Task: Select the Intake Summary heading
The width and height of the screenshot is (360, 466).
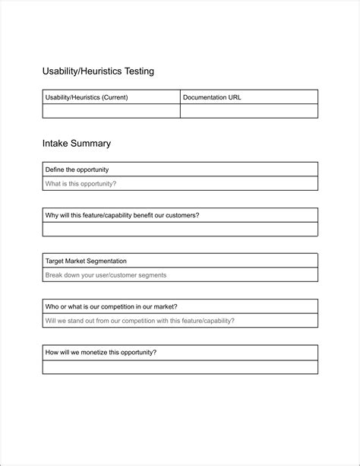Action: [77, 143]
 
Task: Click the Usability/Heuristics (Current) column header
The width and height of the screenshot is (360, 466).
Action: [87, 97]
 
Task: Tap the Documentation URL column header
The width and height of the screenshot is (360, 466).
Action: [212, 97]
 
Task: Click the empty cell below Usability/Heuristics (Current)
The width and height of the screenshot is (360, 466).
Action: [111, 111]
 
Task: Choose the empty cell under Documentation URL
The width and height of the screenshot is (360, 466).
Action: [248, 111]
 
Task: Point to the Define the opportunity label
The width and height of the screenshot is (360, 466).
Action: [77, 170]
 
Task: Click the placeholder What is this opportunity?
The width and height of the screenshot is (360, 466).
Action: [81, 183]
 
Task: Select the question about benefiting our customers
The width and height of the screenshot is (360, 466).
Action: [122, 215]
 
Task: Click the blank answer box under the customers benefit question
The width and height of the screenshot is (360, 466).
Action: [180, 229]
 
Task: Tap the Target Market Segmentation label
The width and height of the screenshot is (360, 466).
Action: [86, 261]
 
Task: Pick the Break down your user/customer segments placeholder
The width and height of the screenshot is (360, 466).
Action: [106, 274]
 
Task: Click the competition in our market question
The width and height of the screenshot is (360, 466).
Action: [112, 306]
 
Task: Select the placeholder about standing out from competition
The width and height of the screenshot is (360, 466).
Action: [140, 320]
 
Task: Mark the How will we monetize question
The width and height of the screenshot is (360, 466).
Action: [101, 352]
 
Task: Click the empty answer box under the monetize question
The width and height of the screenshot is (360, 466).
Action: [180, 366]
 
